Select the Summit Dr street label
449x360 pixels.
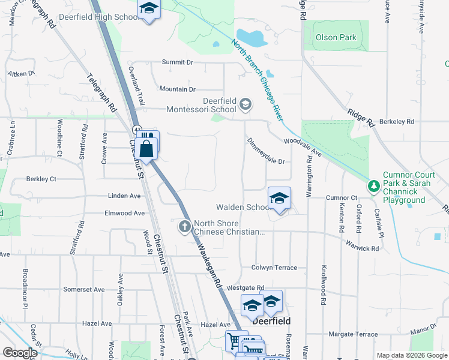[x=177, y=62]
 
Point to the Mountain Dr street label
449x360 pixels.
[x=177, y=89]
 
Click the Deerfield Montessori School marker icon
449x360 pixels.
[x=245, y=105]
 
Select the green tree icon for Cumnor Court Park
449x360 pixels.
[x=374, y=186]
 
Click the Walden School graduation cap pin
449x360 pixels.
[x=279, y=199]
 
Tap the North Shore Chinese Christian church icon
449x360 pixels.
[x=184, y=227]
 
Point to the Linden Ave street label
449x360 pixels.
[x=124, y=196]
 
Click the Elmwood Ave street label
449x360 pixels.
[x=124, y=213]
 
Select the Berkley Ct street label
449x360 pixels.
[x=41, y=179]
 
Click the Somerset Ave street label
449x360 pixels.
[x=85, y=289]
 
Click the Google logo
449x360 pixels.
[x=19, y=352]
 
